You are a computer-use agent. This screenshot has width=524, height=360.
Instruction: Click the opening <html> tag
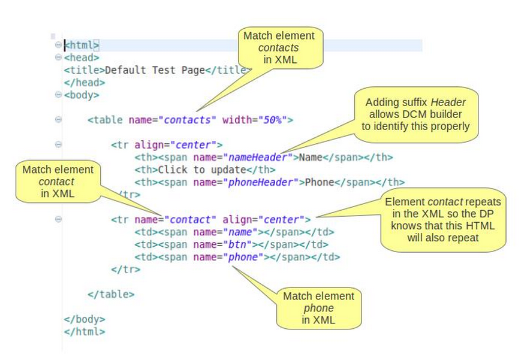82,46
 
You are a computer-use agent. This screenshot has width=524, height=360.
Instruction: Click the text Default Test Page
155,70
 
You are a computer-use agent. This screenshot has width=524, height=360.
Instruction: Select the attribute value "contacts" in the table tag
187,120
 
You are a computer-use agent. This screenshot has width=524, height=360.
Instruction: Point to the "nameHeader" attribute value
258,158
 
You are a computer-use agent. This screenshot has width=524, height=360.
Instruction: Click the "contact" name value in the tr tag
190,219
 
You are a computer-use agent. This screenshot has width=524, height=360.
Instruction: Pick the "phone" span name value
244,257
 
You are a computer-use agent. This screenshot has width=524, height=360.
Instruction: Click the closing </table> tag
111,294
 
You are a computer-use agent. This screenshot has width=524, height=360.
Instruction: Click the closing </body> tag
85,319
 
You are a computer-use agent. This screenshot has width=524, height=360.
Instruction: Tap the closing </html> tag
85,331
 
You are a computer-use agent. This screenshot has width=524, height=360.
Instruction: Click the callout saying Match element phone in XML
318,308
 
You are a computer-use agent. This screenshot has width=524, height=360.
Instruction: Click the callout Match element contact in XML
57,181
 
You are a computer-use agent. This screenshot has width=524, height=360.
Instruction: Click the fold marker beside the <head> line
58,58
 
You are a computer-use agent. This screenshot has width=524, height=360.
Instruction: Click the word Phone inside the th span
319,182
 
